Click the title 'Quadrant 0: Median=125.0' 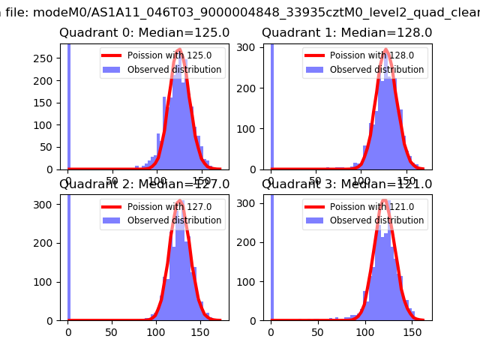coord(144,33)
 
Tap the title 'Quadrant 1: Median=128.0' coord(346,33)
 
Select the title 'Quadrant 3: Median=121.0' coord(346,184)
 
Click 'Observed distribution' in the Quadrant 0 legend coord(174,70)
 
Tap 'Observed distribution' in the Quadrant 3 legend coord(376,220)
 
